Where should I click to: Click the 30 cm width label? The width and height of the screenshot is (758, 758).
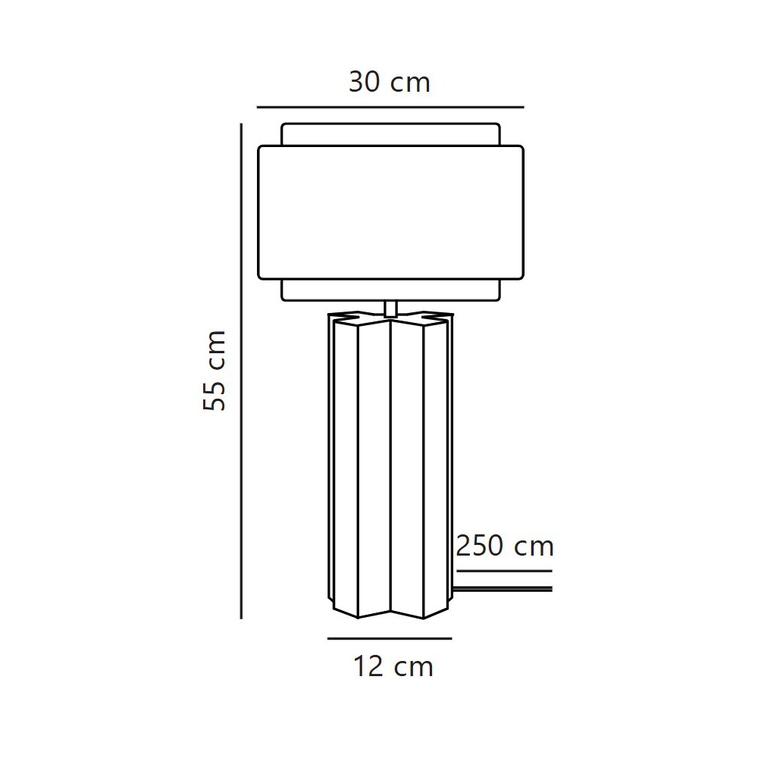click(x=389, y=83)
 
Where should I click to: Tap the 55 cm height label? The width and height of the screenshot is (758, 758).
click(x=215, y=371)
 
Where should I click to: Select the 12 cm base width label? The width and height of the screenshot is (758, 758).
click(x=393, y=666)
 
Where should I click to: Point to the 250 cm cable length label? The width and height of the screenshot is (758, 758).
click(x=505, y=547)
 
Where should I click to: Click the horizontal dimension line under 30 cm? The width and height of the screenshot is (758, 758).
click(x=390, y=107)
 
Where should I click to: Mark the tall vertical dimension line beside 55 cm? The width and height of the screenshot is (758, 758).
click(x=241, y=371)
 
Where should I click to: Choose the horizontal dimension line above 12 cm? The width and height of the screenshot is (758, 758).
click(x=390, y=638)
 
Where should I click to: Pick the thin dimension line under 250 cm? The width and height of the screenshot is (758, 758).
click(x=504, y=571)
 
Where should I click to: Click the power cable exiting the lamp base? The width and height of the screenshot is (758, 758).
click(x=502, y=589)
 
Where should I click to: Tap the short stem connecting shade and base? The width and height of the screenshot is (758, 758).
click(x=390, y=309)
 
